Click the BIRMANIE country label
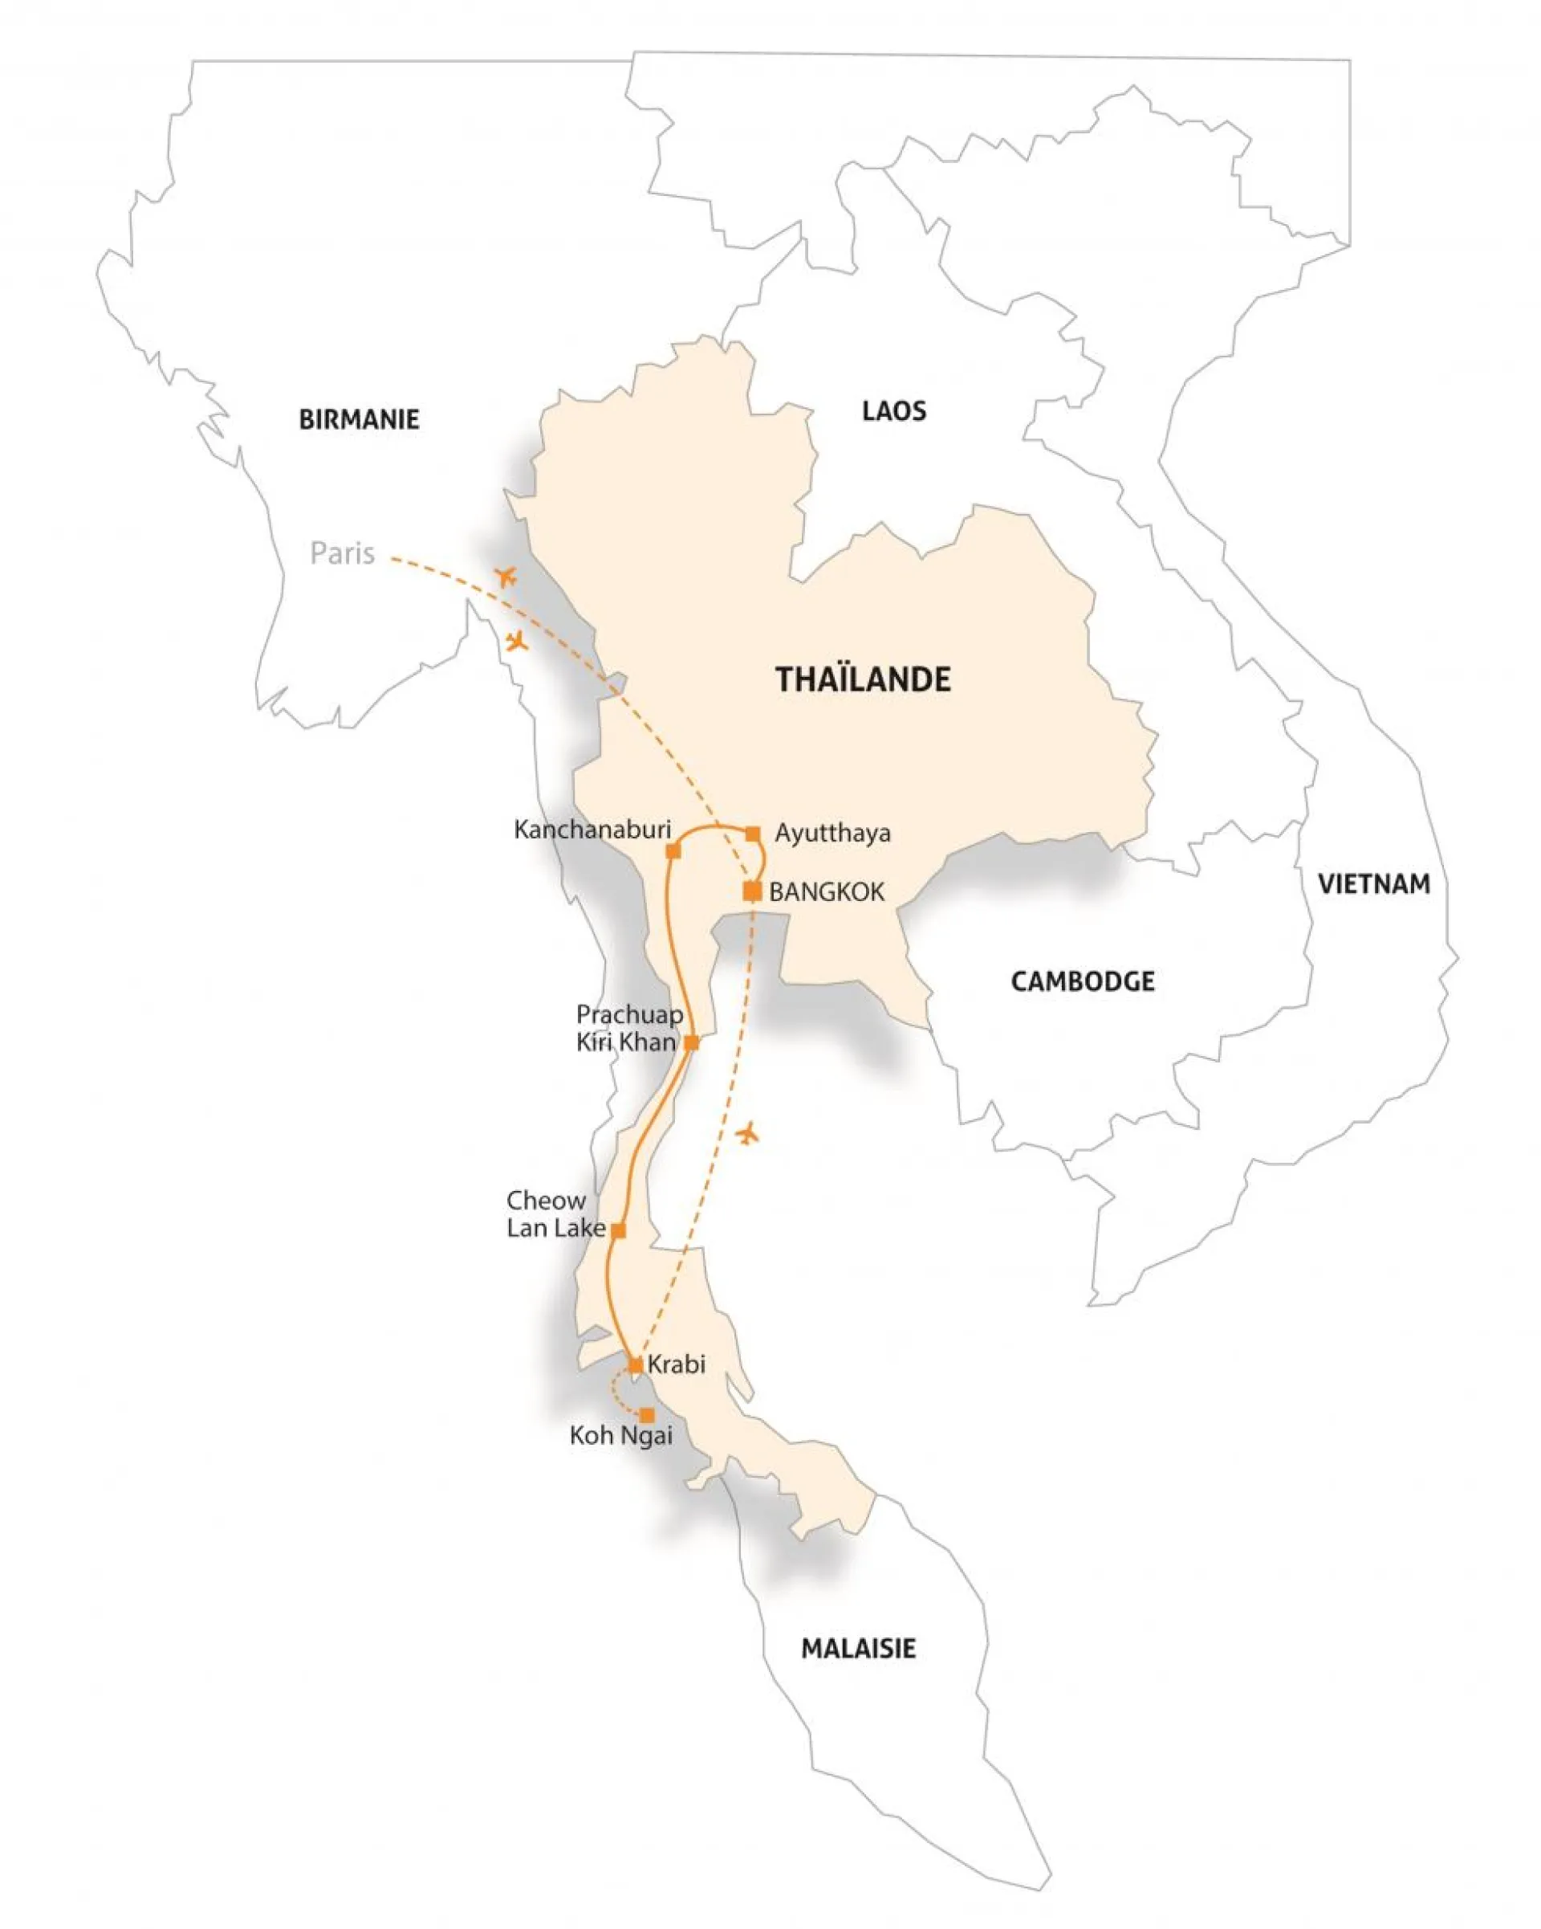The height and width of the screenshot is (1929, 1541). [x=358, y=420]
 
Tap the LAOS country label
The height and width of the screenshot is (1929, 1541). [x=892, y=410]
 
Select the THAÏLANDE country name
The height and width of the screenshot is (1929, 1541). [x=862, y=680]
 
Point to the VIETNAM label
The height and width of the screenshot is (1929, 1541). [x=1373, y=884]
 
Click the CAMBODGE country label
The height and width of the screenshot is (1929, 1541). [x=1082, y=981]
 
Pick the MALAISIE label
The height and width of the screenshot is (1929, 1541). [x=857, y=1649]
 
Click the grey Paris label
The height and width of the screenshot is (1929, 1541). [x=342, y=554]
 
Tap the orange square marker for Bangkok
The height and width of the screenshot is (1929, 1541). [x=752, y=891]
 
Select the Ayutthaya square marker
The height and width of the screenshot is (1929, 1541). [x=752, y=834]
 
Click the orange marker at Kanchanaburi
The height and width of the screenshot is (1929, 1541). [x=673, y=851]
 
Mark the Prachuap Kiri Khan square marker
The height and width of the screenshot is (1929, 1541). [x=690, y=1042]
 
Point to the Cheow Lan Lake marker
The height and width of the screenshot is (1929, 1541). [x=618, y=1231]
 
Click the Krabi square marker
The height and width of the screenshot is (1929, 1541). [x=635, y=1365]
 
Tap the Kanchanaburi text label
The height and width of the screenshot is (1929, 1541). [x=592, y=830]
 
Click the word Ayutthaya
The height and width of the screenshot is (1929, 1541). [x=831, y=834]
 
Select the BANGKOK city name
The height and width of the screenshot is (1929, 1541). [x=827, y=892]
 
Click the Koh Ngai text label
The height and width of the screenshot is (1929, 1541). [x=620, y=1436]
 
